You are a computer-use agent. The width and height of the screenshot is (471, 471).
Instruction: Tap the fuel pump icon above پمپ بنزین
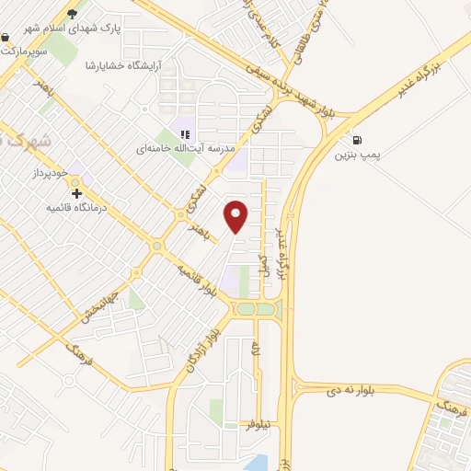pos(356,140)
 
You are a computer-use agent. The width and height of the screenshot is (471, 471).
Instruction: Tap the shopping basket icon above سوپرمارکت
pos(6,38)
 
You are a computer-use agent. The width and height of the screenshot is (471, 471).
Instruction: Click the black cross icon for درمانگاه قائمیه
pos(77,194)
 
